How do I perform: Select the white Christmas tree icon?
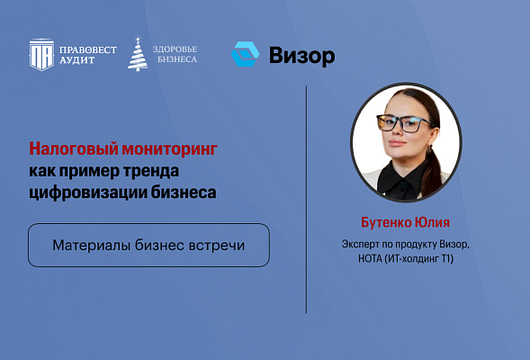138,55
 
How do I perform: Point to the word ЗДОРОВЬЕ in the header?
175,49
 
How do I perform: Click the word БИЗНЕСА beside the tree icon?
174,60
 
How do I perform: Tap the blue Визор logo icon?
245,55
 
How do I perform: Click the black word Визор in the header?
301,56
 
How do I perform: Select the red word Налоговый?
68,147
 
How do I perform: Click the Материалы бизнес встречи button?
148,245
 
